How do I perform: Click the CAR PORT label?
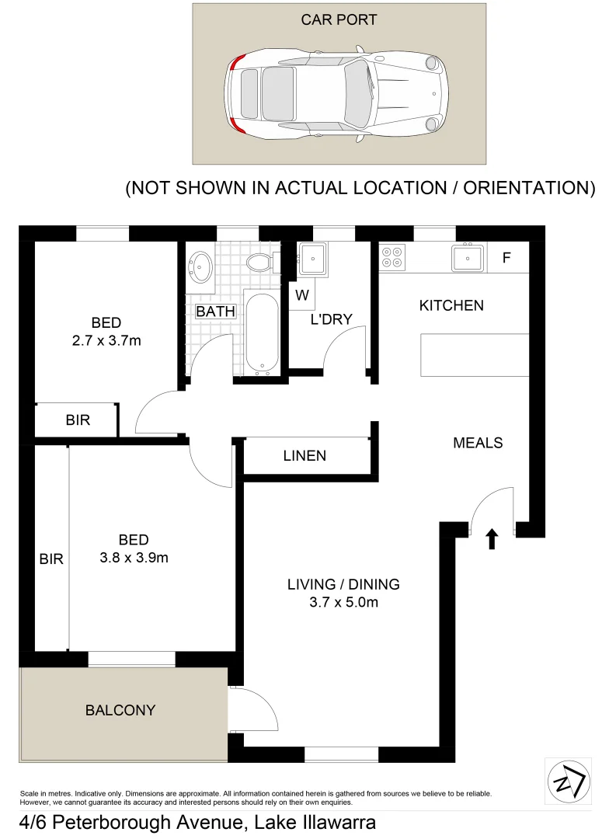coord(339,19)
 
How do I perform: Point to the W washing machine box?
coord(302,295)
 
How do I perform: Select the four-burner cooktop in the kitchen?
coord(393,257)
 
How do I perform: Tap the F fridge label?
coord(506,258)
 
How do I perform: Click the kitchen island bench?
coord(475,354)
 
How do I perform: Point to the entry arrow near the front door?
coord(491,539)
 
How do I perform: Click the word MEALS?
coord(478,443)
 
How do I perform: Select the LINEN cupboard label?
coord(305,456)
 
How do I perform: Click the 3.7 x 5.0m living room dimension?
coord(332,602)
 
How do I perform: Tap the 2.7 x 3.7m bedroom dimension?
coord(106,340)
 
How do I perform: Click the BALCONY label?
coord(120,710)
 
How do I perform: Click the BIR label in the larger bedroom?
coord(51,559)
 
